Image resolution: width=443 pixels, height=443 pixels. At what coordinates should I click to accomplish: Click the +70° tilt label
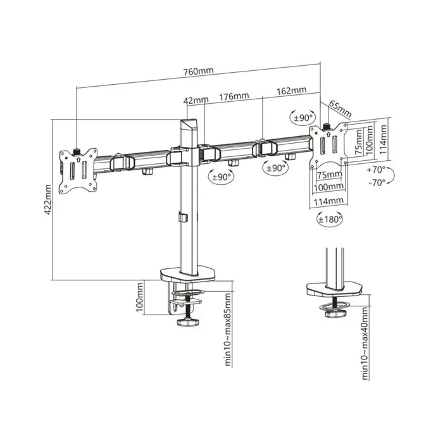pos(376,170)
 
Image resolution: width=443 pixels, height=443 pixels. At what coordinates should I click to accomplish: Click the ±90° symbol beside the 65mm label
pos(303,118)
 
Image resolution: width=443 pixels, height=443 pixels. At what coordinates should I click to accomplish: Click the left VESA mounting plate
pos(78,169)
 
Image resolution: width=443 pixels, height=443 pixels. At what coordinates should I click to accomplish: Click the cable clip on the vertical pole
pos(184,218)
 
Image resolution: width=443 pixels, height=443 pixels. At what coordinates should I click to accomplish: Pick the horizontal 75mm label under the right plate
pos(327,175)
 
